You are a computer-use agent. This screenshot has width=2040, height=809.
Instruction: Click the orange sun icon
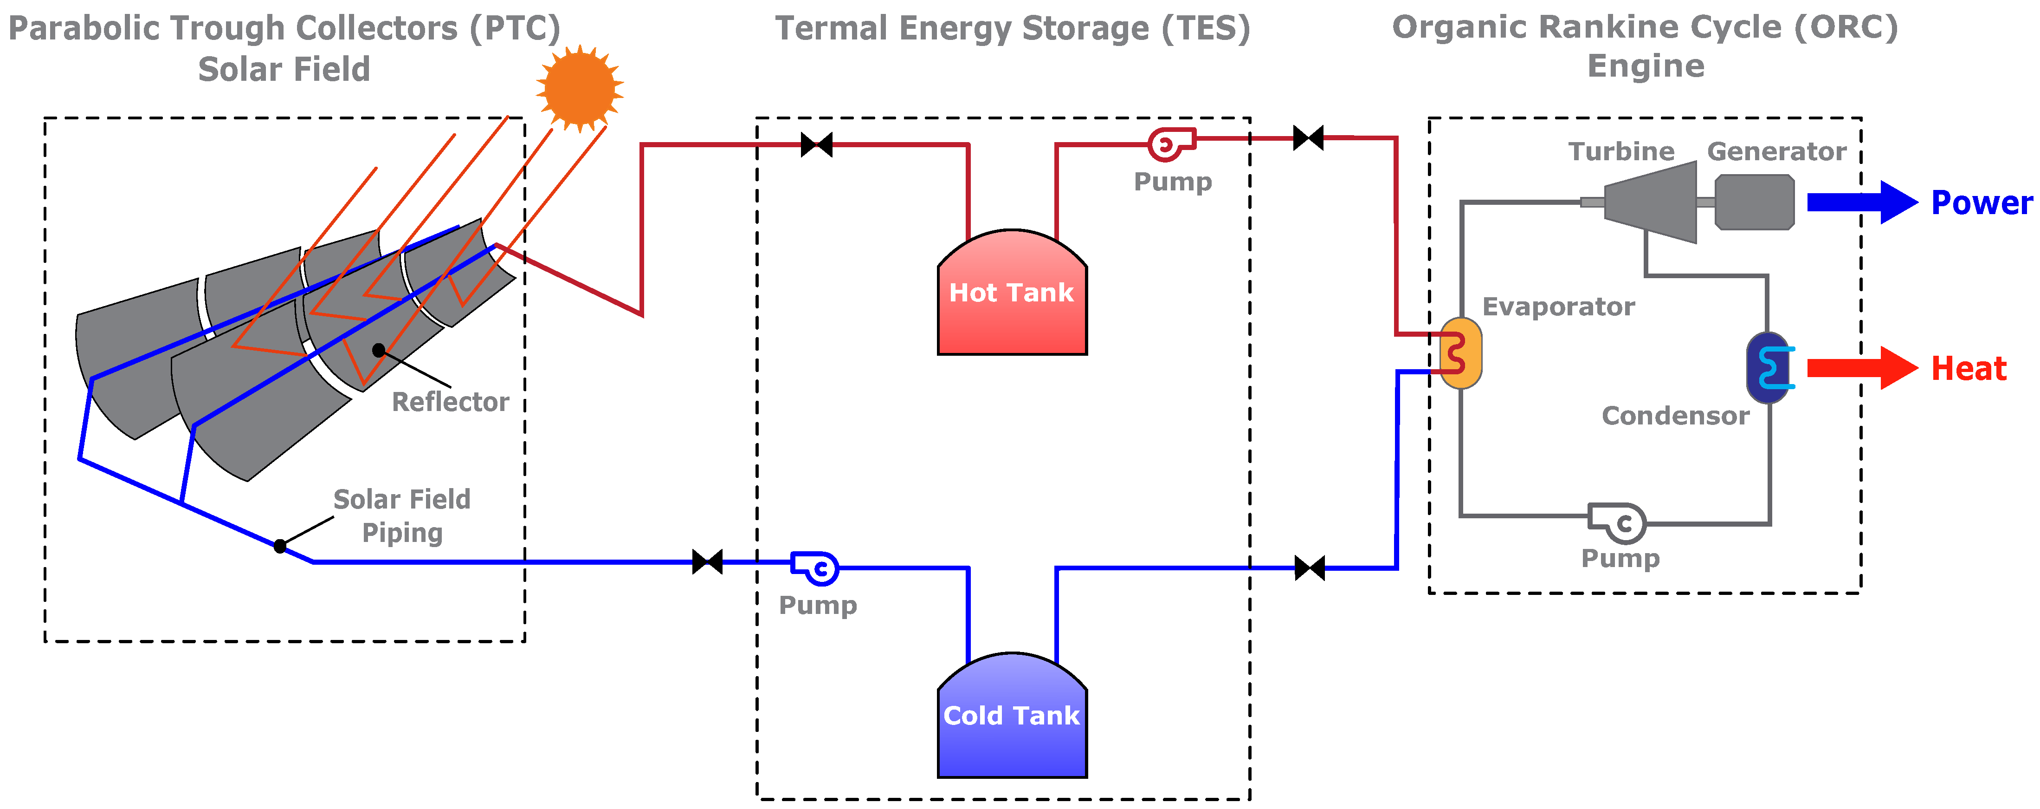579,87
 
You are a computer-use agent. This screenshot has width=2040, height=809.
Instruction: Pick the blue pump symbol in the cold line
816,568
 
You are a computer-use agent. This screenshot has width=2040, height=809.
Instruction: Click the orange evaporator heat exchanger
1459,353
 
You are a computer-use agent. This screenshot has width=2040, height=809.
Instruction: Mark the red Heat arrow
1861,368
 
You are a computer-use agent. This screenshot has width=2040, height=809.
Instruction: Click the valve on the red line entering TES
816,145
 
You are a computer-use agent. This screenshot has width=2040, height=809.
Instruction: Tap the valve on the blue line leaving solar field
707,562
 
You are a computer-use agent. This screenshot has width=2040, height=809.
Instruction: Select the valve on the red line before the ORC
1308,138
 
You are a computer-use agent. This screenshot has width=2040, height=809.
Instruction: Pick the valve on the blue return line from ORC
1310,568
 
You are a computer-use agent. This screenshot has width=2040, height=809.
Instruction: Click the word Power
1982,203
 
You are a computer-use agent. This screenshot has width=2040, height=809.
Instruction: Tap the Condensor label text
1675,416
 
